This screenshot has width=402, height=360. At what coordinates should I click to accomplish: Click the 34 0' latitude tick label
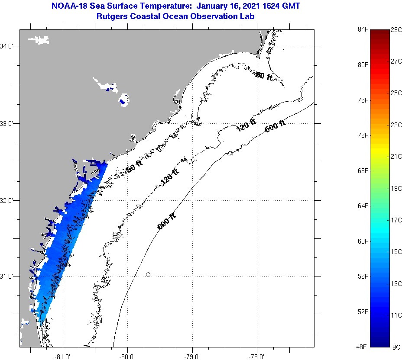click(x=8, y=46)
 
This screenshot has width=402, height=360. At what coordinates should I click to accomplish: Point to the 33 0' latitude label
click(x=8, y=123)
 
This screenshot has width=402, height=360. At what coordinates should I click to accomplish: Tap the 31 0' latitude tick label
click(x=8, y=276)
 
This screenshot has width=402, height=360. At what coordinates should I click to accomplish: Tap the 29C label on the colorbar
click(x=396, y=29)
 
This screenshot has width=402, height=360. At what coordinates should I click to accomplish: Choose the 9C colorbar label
click(x=396, y=347)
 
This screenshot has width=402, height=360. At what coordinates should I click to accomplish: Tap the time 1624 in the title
click(x=270, y=6)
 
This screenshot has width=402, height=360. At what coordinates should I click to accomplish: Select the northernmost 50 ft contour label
click(x=264, y=76)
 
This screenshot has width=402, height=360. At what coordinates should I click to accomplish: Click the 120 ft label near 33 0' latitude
click(x=246, y=125)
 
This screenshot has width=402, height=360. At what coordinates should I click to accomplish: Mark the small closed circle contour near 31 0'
click(x=148, y=274)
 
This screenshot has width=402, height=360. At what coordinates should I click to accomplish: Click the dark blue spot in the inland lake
click(x=123, y=102)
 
